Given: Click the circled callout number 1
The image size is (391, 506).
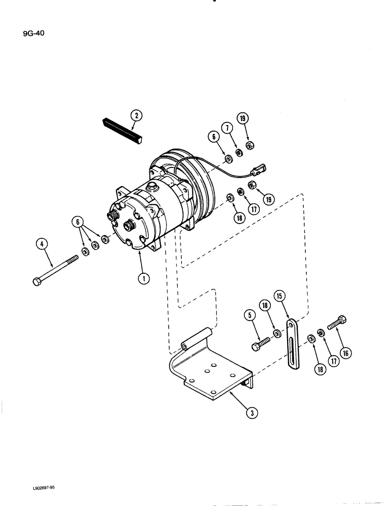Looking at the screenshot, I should tap(144, 278).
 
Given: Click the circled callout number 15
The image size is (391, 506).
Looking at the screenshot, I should tap(279, 296).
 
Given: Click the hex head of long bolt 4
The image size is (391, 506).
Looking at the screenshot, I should tap(37, 281).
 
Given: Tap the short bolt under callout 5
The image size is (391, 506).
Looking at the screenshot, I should tap(260, 343).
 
